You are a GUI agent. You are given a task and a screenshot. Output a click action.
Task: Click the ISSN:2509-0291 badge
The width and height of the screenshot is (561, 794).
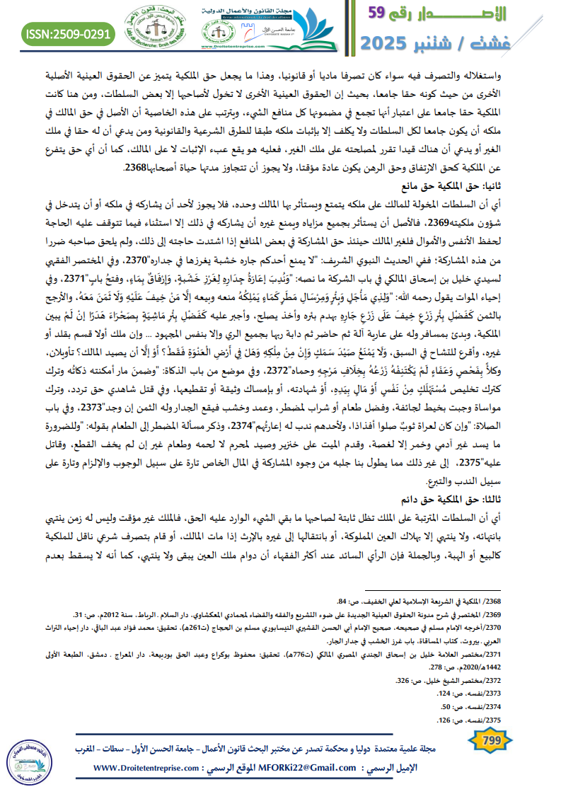pyautogui.click(x=69, y=33)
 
